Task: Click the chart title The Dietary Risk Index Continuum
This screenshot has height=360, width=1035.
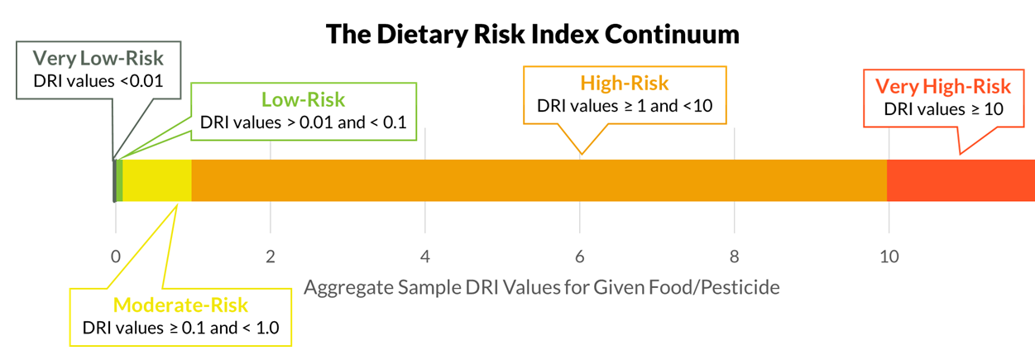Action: click(x=531, y=34)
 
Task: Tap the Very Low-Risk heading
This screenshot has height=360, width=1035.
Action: click(x=98, y=59)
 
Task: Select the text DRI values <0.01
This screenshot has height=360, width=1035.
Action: click(x=98, y=81)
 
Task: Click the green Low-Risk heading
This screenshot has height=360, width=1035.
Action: click(x=304, y=100)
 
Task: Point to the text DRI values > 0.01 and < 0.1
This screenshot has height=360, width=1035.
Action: click(x=304, y=122)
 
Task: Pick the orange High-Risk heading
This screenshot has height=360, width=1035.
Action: click(x=625, y=83)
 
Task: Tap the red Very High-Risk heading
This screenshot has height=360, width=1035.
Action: click(x=943, y=86)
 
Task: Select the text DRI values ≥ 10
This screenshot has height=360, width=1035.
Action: click(x=943, y=108)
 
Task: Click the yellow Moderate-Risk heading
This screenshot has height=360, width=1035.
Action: click(x=180, y=305)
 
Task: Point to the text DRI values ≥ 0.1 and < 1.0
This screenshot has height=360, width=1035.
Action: click(x=180, y=327)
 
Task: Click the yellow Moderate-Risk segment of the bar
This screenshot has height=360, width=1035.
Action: click(x=157, y=180)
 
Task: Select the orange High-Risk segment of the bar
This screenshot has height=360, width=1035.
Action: click(x=538, y=180)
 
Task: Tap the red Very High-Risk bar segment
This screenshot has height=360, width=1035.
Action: click(x=960, y=180)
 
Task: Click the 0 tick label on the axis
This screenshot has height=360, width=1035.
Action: click(x=115, y=257)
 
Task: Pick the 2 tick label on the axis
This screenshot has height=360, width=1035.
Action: click(x=270, y=257)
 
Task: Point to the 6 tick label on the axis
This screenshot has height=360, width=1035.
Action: click(x=580, y=257)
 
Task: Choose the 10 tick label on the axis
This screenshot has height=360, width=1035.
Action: click(x=889, y=257)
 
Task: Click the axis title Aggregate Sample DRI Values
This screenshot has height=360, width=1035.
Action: click(x=542, y=288)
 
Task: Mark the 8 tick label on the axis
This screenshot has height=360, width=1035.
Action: click(x=735, y=257)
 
